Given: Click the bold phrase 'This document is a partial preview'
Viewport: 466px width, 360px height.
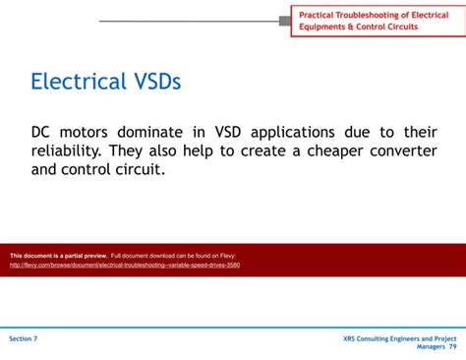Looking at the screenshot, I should coord(58,256).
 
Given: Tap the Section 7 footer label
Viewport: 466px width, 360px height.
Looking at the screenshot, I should coord(24,338).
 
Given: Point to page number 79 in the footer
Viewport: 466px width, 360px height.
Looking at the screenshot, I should coord(452,347).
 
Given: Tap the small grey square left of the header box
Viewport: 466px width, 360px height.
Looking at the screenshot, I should coord(285,21).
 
